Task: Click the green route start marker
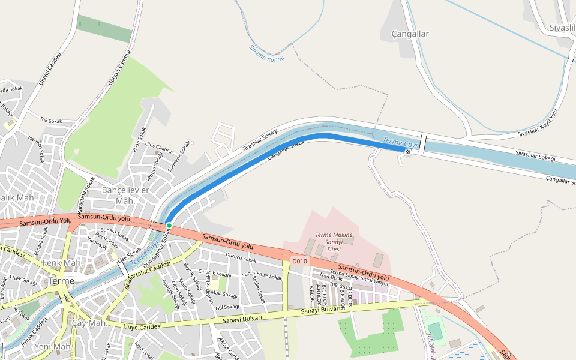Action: pos(169,226)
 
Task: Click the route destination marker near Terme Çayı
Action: pos(408,152)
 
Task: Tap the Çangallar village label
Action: pos(410,34)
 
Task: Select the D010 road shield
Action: pos(299,261)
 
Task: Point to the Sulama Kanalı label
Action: pos(266,53)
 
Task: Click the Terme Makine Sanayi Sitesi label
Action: pos(334,241)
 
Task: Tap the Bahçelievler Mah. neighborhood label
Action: pos(125,195)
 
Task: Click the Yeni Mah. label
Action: pos(53,347)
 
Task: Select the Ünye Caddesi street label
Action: pos(143,327)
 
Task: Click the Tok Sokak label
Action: pos(51,121)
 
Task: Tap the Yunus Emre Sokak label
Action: pos(262,275)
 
